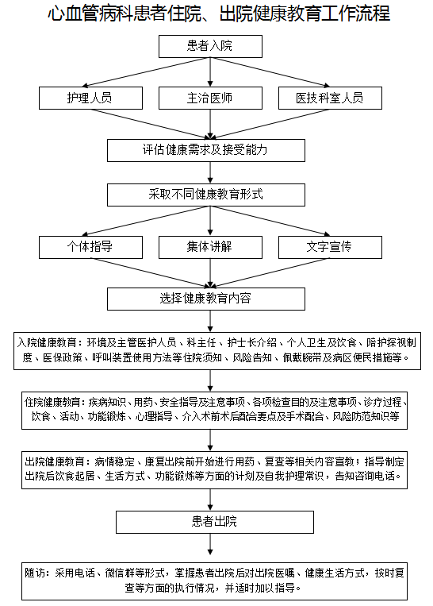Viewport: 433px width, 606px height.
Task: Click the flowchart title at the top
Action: (x=218, y=14)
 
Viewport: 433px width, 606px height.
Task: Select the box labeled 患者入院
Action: (x=210, y=46)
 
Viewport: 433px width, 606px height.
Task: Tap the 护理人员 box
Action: (x=90, y=98)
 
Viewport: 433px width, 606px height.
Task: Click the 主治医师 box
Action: (x=210, y=98)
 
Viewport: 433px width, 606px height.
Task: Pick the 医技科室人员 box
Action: (x=331, y=98)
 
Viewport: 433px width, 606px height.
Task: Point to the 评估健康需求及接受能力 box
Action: (x=206, y=150)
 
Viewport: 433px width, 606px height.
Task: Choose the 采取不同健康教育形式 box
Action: (x=206, y=195)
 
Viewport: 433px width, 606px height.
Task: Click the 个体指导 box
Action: (x=90, y=247)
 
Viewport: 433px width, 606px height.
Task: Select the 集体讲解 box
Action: (x=210, y=247)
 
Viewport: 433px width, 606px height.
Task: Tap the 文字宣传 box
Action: (x=331, y=247)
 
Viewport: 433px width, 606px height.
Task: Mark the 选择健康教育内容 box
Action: (x=206, y=299)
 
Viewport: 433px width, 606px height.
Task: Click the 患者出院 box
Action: (x=215, y=522)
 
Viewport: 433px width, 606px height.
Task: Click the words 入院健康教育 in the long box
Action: (x=47, y=343)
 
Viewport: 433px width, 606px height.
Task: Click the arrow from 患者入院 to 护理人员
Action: (x=146, y=72)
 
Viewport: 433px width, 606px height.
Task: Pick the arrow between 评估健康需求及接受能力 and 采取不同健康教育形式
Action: (x=210, y=172)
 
